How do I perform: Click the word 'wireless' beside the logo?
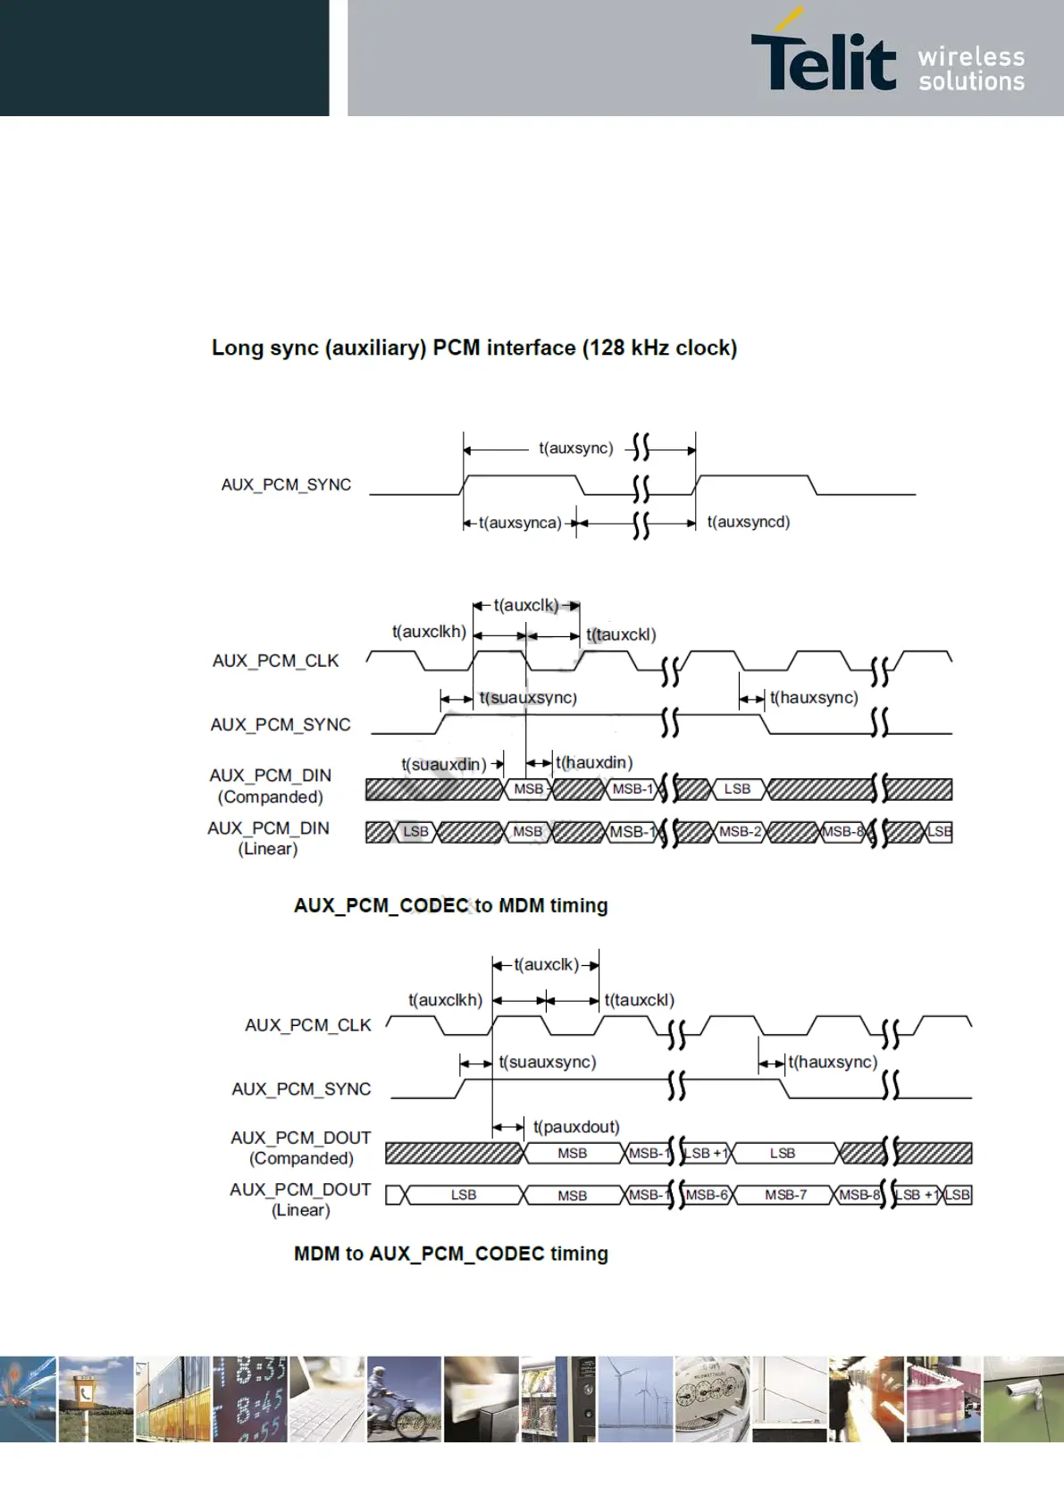(971, 57)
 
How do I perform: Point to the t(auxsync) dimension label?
(575, 448)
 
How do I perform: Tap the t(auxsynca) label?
(519, 523)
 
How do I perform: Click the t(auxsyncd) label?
(748, 522)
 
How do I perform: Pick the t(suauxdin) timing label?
(443, 765)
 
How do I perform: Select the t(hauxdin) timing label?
(593, 762)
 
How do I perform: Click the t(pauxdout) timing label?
(576, 1127)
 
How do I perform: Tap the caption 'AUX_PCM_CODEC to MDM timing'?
(450, 905)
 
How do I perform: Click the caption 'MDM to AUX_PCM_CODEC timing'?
(450, 1254)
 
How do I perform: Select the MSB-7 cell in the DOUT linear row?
(785, 1195)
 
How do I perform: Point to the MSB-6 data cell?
(708, 1195)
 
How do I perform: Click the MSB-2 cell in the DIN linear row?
(740, 832)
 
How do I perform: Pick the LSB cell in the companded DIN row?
(737, 789)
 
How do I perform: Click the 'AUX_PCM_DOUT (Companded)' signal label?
(300, 1147)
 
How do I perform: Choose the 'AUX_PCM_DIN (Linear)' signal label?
(268, 838)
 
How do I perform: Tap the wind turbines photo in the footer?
(635, 1399)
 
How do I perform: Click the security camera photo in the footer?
(1023, 1399)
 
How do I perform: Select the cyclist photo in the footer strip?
(404, 1399)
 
